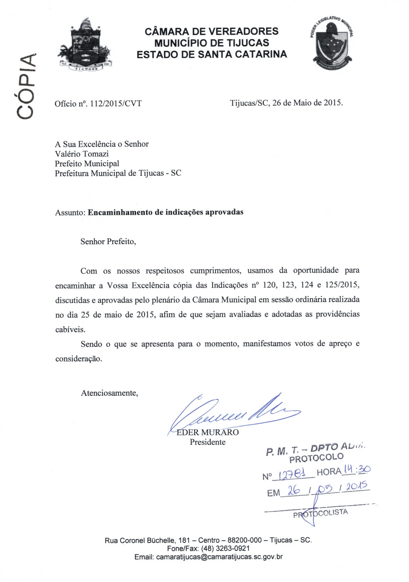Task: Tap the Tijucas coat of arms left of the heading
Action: coord(85,45)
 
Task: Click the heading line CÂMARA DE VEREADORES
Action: coord(211,32)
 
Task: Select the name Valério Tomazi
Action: coord(82,154)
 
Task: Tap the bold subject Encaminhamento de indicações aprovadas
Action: coord(166,212)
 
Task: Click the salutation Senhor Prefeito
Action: coord(108,242)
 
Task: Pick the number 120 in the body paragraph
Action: coord(269,285)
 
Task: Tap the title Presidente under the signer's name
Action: coord(207,442)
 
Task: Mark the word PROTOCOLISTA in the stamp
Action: coord(321,513)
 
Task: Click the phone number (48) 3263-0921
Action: coord(225,548)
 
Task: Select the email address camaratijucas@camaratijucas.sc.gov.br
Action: coord(219,557)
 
